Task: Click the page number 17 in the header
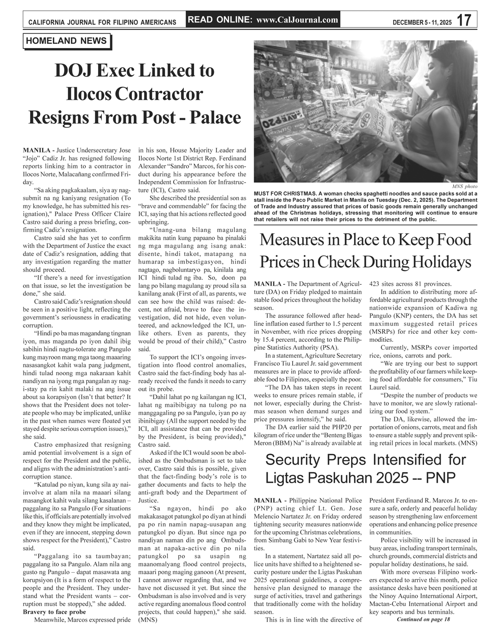click(x=464, y=20)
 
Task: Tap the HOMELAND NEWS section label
click(x=66, y=41)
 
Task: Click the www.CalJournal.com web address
click(x=297, y=20)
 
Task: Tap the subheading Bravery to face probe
click(x=54, y=612)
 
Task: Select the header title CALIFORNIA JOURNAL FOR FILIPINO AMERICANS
click(x=102, y=22)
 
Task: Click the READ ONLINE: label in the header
click(x=221, y=20)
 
